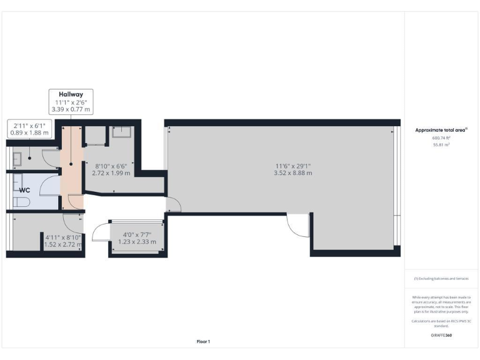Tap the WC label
point(25,189)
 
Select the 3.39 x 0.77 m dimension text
point(71,109)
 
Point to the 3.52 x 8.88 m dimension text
point(292,173)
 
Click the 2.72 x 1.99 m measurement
point(111,173)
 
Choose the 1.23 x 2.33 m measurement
point(137,242)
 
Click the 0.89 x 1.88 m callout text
point(30,132)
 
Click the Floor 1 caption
point(204,341)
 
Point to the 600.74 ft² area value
point(441,138)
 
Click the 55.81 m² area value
point(441,144)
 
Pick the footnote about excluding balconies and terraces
point(441,278)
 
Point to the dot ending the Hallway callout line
point(71,164)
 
